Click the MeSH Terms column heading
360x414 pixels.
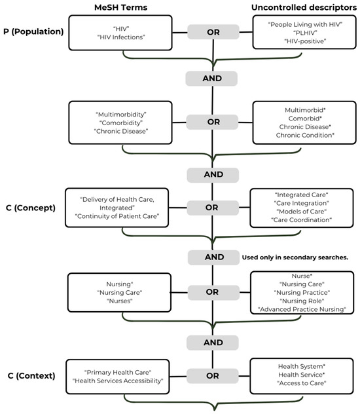pos(121,7)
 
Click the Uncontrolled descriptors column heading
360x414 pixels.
pos(304,7)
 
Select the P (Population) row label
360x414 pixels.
pos(33,31)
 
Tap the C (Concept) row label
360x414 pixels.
pos(31,208)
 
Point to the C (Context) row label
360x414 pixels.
pos(31,376)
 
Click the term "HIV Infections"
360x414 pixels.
pos(121,37)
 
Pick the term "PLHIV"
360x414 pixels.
pos(305,33)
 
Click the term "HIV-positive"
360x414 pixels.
pos(305,41)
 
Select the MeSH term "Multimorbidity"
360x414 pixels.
pos(121,115)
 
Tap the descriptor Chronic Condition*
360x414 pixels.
pos(305,135)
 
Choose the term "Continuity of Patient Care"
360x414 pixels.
pos(117,216)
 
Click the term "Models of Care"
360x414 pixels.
pos(302,212)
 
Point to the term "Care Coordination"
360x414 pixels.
pos(302,220)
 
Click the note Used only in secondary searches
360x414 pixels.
pos(295,257)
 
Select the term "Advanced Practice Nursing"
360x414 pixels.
pos(302,309)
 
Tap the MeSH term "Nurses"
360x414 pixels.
pos(120,301)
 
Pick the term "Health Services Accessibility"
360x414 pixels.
pos(118,381)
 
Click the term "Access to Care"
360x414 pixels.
pos(302,383)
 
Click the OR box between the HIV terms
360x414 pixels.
pos(213,32)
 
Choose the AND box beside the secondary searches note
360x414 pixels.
pos(213,257)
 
